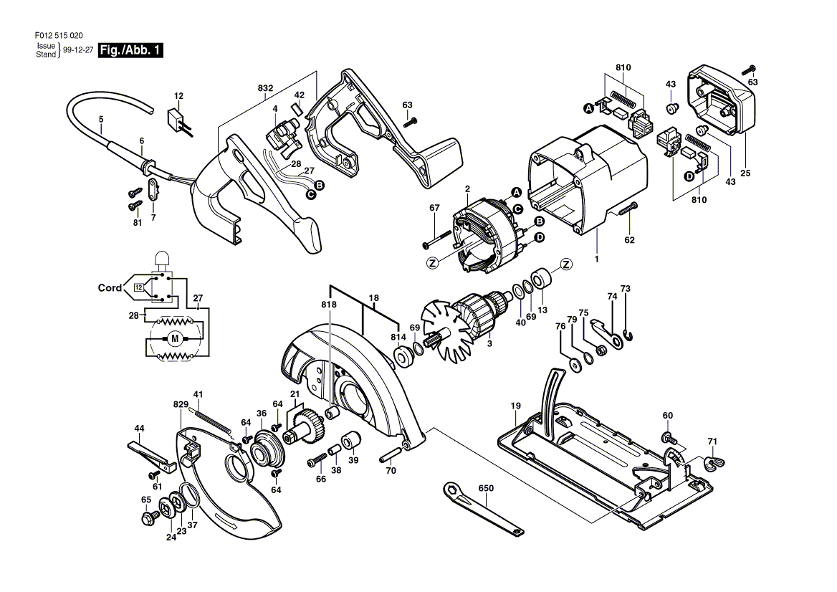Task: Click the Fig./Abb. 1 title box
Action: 131,50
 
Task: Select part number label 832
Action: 265,88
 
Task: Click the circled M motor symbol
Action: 175,338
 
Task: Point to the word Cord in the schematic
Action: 110,288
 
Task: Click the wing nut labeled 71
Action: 713,462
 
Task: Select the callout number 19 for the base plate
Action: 515,406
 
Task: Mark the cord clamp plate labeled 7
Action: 152,190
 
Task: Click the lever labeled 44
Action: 151,456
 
